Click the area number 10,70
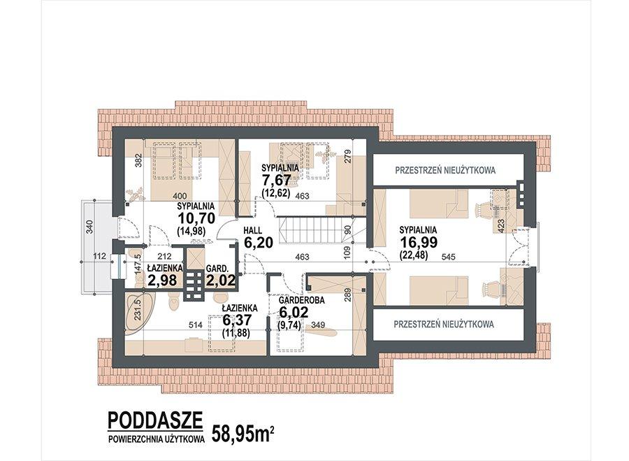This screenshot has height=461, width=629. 196,220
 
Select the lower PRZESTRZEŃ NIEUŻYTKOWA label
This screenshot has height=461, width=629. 444,325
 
